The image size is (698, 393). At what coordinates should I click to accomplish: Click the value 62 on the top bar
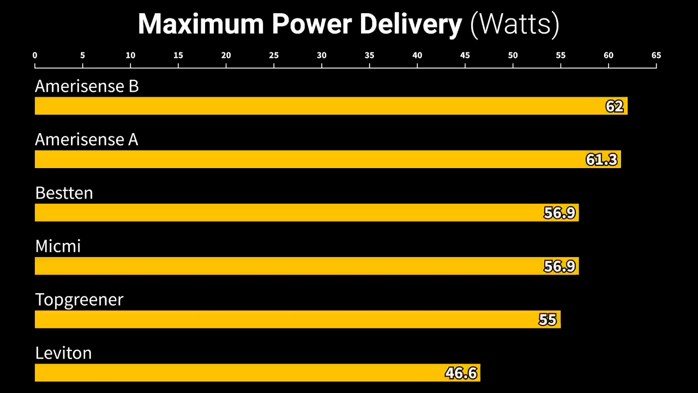pyautogui.click(x=615, y=106)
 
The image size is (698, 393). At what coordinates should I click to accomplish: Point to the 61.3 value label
pyautogui.click(x=602, y=159)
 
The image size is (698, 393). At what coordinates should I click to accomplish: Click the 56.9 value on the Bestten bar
pyautogui.click(x=559, y=213)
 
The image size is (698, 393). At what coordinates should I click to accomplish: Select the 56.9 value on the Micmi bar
pyautogui.click(x=559, y=266)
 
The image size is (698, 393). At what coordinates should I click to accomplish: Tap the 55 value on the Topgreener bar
pyautogui.click(x=547, y=319)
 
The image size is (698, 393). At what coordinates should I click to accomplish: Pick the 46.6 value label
pyautogui.click(x=461, y=373)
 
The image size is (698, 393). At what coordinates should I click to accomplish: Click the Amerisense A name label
pyautogui.click(x=87, y=140)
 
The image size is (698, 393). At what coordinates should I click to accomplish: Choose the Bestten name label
pyautogui.click(x=64, y=193)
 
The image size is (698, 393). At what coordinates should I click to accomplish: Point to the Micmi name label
pyautogui.click(x=58, y=246)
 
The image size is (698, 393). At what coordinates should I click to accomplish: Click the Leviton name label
pyautogui.click(x=63, y=353)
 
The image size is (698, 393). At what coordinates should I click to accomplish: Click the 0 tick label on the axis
pyautogui.click(x=35, y=55)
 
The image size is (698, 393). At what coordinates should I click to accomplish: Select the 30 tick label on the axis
pyautogui.click(x=322, y=55)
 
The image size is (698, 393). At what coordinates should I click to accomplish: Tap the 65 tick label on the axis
pyautogui.click(x=656, y=55)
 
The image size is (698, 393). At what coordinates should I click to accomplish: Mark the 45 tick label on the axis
pyautogui.click(x=465, y=55)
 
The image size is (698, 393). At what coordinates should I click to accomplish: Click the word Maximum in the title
pyautogui.click(x=201, y=25)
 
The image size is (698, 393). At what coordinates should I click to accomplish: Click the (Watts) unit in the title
pyautogui.click(x=514, y=25)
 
